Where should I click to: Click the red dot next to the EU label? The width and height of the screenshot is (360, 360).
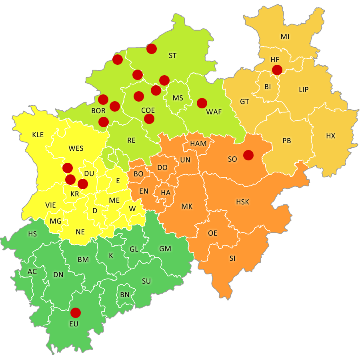pos(75,312)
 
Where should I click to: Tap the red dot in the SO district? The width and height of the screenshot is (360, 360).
pos(248,155)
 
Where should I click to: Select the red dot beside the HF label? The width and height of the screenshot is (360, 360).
pos(277,70)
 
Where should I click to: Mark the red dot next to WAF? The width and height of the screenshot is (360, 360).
pos(202,103)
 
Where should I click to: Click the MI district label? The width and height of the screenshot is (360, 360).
pos(285,37)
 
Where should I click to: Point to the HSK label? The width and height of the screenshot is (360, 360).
pos(242,202)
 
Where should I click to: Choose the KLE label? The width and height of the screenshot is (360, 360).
pos(38,135)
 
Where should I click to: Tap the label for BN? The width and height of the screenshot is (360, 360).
pos(125,294)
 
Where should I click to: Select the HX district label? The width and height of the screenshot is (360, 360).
pos(330,136)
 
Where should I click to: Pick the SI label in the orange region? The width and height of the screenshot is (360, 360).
pos(232,258)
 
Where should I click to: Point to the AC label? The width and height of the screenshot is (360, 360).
pos(32,272)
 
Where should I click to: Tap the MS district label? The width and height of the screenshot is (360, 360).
pos(178,98)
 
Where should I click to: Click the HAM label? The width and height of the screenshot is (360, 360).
pos(198,144)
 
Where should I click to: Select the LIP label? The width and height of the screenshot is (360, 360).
pos(304,90)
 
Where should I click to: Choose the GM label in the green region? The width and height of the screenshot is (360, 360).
pos(165,249)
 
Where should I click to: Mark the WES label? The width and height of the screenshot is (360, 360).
pos(76,148)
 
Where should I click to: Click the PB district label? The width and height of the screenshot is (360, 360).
pos(286,141)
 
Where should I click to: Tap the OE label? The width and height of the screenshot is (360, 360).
pos(212,233)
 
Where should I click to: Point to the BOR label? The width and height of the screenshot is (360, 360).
pos(98,111)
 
